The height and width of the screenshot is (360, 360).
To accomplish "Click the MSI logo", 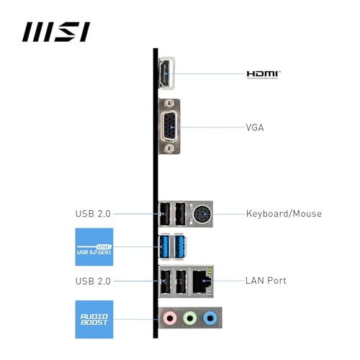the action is [x=56, y=32].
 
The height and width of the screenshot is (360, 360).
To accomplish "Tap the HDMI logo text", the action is [x=264, y=75].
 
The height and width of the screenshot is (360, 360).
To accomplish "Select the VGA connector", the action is [x=169, y=127].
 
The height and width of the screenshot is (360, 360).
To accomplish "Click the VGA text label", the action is [x=255, y=127].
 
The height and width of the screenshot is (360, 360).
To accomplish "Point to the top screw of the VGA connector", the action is [x=170, y=104].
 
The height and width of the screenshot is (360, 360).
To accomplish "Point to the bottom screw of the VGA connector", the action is [x=170, y=149].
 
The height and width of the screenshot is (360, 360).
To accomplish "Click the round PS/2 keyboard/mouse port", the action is [x=202, y=214].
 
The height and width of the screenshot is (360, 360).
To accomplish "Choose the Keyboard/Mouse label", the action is [x=284, y=214].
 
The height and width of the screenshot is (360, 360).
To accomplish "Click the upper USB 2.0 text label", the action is [x=93, y=214].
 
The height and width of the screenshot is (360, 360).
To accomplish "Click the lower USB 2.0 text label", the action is [x=93, y=281].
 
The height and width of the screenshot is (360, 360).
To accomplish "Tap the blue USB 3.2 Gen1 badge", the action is [x=94, y=247].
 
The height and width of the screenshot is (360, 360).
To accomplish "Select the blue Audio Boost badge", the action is [x=94, y=319].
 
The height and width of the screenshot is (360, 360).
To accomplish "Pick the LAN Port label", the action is [x=266, y=281].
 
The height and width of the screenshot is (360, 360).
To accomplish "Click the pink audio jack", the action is [x=170, y=318].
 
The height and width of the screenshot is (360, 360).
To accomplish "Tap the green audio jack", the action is [x=190, y=318].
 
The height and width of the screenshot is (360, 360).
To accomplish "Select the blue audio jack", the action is [x=210, y=318].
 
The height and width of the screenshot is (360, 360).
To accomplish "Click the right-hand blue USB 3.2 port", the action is [x=180, y=247].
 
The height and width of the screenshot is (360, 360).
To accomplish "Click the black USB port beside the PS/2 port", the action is [x=180, y=214].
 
